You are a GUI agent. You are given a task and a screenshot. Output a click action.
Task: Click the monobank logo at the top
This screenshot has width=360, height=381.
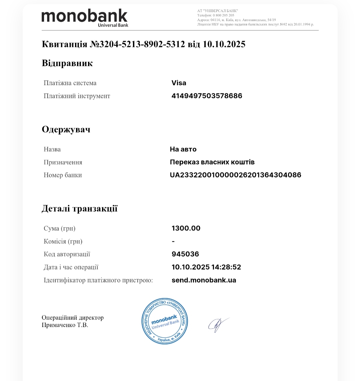(x=85, y=17)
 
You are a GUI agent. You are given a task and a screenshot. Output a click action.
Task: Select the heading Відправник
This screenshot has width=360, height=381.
(x=67, y=63)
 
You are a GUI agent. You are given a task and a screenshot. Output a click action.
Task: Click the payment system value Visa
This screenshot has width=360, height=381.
(x=179, y=83)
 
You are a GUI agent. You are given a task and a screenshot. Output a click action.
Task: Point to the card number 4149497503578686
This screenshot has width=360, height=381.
(x=207, y=96)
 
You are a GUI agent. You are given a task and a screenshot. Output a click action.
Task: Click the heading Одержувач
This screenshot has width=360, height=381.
(x=66, y=129)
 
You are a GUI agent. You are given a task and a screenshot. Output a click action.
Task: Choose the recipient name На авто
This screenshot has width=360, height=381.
(x=183, y=149)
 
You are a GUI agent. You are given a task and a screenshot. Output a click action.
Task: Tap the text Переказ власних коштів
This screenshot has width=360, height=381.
(x=212, y=162)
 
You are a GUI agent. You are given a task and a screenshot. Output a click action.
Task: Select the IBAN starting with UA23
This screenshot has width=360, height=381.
(x=235, y=175)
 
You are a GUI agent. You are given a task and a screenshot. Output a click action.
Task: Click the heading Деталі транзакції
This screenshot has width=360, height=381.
(x=79, y=209)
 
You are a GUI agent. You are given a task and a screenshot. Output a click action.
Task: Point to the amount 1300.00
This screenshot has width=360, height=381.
(x=186, y=229)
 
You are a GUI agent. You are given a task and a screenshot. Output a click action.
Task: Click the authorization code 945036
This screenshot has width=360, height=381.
(x=185, y=254)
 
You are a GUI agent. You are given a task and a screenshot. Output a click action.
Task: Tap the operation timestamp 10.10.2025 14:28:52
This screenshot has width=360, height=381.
(x=206, y=267)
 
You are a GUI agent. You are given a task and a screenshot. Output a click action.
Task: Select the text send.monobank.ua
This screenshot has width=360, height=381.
(x=204, y=280)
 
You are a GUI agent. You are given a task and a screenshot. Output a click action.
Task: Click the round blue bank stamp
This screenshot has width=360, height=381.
(x=165, y=321)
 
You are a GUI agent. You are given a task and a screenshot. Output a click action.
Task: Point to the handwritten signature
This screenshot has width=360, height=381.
(x=218, y=324)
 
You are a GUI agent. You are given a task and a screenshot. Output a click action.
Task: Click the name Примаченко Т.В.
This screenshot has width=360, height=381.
(x=65, y=325)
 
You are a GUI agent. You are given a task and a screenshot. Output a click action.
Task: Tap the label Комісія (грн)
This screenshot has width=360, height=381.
(x=63, y=241)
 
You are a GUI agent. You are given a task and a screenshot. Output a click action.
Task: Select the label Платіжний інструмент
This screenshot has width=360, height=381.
(x=77, y=96)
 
